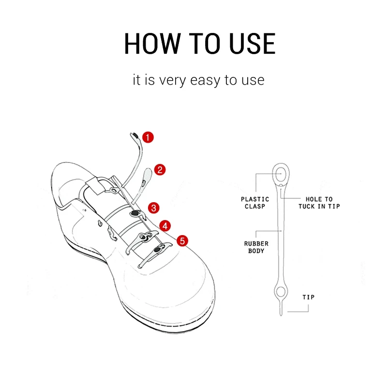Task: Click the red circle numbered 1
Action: click(148, 137)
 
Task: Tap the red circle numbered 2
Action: click(160, 170)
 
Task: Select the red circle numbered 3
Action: click(153, 208)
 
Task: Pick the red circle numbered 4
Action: click(165, 225)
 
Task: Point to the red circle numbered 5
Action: click(182, 240)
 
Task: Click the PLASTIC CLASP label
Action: click(255, 203)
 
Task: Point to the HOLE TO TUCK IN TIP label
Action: click(319, 203)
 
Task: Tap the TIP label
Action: click(309, 297)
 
